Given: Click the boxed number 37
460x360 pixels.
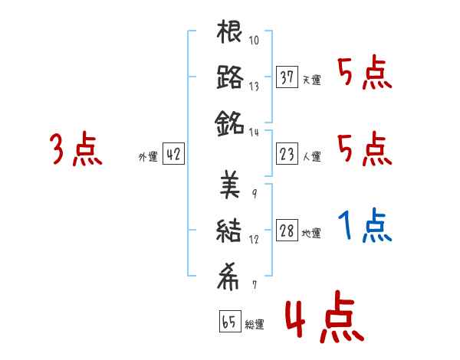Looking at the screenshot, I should point(287,78).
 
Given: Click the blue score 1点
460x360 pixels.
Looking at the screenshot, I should point(365,225).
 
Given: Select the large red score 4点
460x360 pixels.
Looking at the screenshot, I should point(322,321).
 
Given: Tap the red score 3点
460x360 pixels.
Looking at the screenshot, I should point(76,149).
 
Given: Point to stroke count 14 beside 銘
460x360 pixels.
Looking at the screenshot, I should point(254,132).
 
